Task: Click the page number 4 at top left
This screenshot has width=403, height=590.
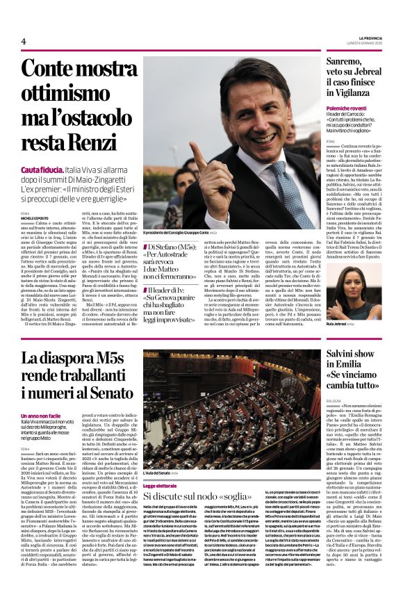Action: coord(24,41)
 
